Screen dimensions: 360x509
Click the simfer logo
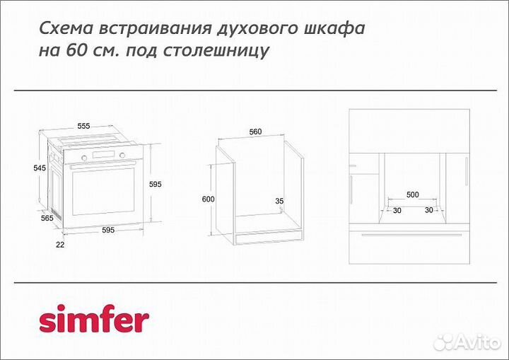pos(93,320)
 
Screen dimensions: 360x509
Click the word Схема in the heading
pos(62,29)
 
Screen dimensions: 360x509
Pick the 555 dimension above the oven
pos(83,126)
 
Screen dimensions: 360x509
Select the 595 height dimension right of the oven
pos(156,184)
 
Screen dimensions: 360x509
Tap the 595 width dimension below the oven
pos(107,230)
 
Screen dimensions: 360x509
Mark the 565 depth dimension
pos(47,219)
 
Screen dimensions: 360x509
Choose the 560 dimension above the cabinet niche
pos(255,132)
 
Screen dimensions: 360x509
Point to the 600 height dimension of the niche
pos(207,199)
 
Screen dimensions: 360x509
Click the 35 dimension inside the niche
pos(279,202)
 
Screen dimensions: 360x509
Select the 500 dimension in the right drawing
pos(412,194)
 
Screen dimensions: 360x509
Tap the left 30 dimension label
pos(397,210)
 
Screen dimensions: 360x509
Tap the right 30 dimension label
pos(428,210)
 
